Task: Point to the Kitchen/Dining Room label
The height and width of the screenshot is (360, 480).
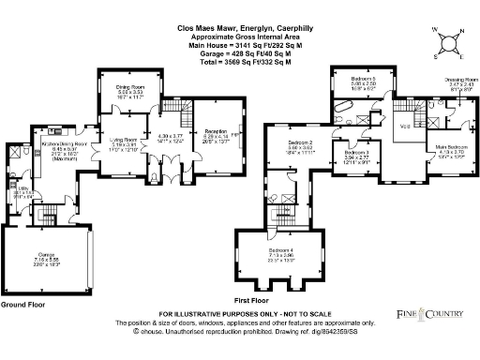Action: click(62, 145)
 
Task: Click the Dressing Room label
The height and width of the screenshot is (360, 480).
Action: click(455, 82)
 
